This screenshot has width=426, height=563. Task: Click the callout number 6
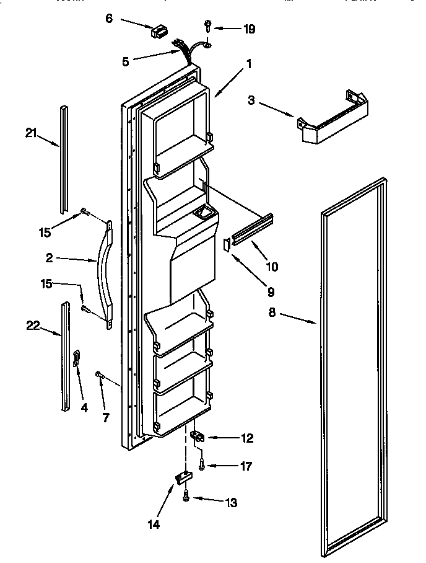click(x=109, y=19)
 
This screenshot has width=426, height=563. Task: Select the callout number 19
click(x=249, y=29)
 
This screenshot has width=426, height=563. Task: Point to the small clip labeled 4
click(x=76, y=357)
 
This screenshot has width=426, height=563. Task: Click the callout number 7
click(x=106, y=417)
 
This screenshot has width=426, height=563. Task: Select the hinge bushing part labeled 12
click(x=197, y=437)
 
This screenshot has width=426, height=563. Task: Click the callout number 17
click(x=245, y=466)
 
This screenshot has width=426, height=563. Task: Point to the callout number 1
click(x=248, y=63)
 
